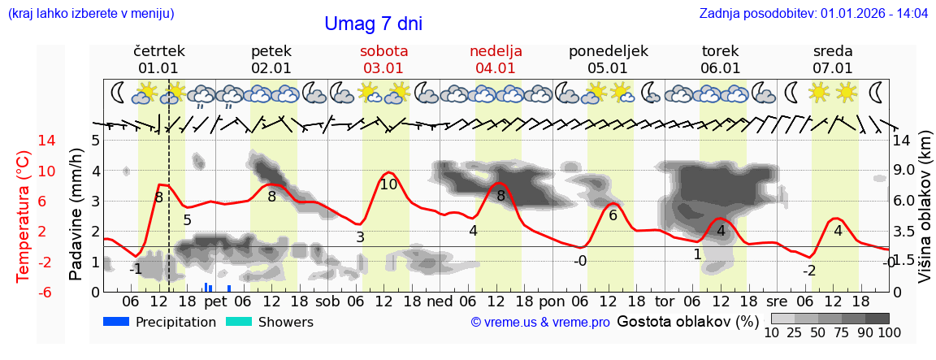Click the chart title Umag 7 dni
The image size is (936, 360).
[x=373, y=24]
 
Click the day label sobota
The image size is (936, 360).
[x=383, y=51]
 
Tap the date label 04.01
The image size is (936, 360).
[x=496, y=68]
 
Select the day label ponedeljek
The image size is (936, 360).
[x=608, y=51]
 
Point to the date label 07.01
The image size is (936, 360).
[x=833, y=68]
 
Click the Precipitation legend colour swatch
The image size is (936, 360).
[x=116, y=322]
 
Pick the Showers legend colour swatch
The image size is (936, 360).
[x=238, y=322]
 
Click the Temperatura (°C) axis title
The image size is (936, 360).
[x=24, y=216]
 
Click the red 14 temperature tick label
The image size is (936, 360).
[x=24, y=141]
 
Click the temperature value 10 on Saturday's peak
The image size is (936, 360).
[x=388, y=184]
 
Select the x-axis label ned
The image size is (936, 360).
[x=440, y=301]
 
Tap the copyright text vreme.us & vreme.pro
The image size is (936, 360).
[x=540, y=323]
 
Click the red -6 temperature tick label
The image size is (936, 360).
[x=23, y=292]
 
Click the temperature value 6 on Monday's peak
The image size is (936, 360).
[x=613, y=215]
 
